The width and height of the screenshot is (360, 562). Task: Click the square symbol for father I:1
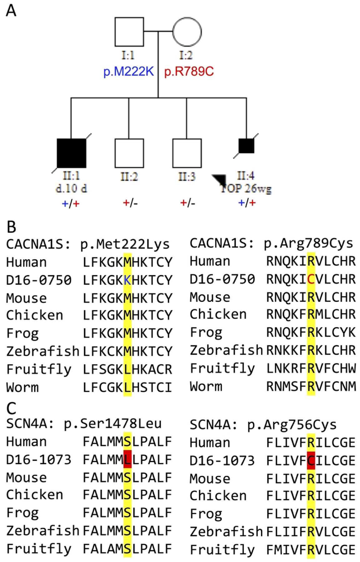[x=129, y=32]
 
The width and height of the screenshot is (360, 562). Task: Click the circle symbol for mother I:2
[x=187, y=32]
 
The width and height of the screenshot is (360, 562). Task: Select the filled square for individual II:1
[x=72, y=153]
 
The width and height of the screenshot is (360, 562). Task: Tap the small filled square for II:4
[x=246, y=146]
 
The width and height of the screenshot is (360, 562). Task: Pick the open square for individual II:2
[x=129, y=153]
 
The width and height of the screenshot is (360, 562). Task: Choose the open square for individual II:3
[x=187, y=153]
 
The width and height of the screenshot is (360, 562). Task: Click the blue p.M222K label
[x=128, y=72]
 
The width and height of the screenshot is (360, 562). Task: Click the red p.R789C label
[x=189, y=72]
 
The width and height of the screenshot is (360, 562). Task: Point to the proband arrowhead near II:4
[x=219, y=180]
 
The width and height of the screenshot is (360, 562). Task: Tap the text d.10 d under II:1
[x=71, y=189]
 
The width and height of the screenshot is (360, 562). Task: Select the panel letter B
[x=11, y=227]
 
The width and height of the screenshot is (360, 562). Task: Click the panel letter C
[x=11, y=408]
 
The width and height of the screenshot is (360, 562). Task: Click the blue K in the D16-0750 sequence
[x=127, y=280]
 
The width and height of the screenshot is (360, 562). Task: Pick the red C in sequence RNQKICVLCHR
[x=311, y=279]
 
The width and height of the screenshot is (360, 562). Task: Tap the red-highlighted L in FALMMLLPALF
[x=127, y=460]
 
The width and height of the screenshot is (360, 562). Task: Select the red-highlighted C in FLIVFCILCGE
[x=311, y=461]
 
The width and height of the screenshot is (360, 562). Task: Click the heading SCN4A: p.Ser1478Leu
[x=84, y=424]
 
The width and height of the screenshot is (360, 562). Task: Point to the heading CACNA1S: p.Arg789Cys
[x=271, y=243]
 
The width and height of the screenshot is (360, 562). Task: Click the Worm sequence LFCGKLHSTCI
[x=127, y=387]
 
